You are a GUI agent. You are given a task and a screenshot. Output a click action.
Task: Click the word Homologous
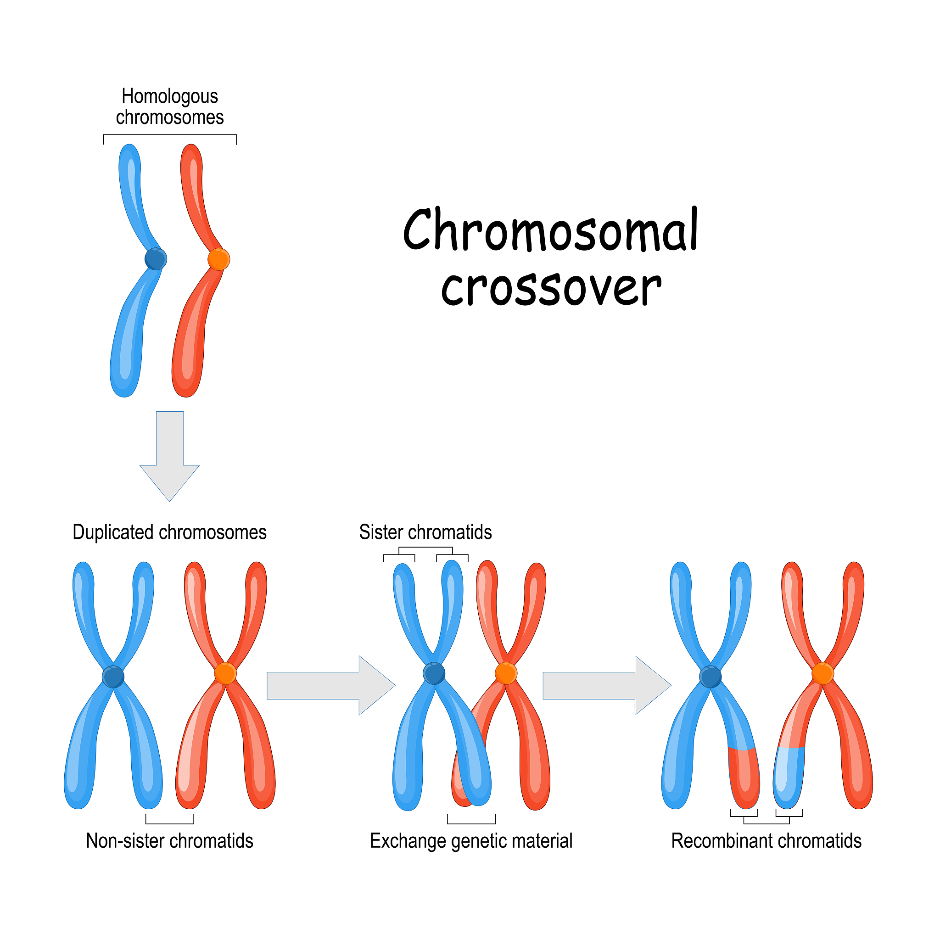point(169,96)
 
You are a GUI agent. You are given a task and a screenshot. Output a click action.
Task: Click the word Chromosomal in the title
point(550,229)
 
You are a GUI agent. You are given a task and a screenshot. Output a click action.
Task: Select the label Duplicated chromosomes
point(169,532)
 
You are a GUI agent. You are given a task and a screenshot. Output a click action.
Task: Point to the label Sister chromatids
point(425,532)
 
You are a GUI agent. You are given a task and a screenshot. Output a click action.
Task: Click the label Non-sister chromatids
point(169,841)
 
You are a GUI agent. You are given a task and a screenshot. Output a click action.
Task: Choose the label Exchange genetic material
point(471,841)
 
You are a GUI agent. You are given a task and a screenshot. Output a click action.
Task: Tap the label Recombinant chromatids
point(767,841)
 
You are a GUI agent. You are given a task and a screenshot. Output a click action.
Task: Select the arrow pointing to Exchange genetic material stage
point(331,686)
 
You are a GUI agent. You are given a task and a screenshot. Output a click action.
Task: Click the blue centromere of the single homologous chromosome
point(156,259)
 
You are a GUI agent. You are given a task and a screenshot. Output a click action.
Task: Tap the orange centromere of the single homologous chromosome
point(218,259)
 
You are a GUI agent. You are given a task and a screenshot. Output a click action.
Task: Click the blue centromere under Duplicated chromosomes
point(113,677)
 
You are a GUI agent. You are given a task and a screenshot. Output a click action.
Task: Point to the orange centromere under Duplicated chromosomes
point(225,674)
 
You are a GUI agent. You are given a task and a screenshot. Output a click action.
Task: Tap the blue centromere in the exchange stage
point(434,674)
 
